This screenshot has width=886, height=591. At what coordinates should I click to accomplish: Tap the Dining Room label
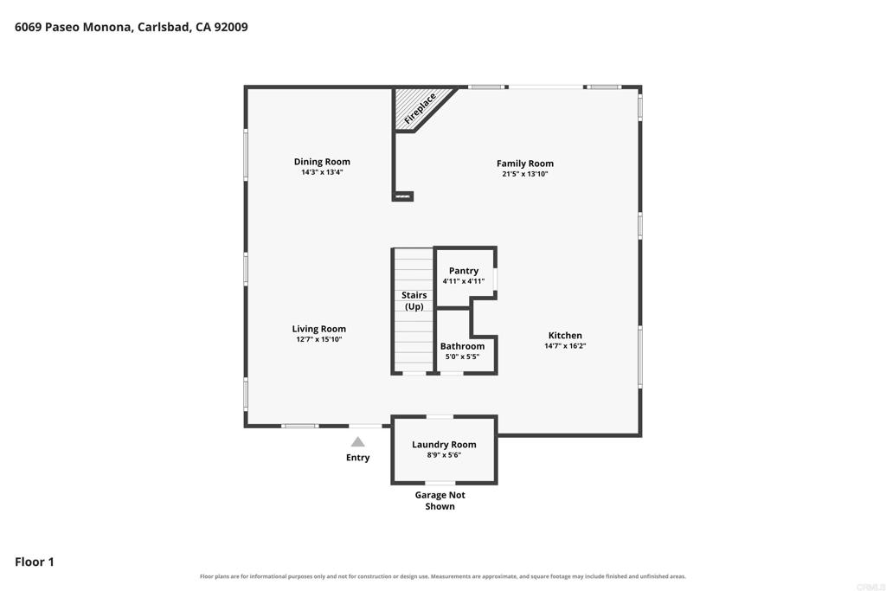(x=322, y=162)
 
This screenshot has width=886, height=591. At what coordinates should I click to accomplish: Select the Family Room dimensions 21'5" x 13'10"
(x=525, y=174)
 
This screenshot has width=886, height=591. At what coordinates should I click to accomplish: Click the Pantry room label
(x=464, y=271)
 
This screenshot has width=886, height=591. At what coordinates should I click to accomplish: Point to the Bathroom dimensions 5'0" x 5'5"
(x=462, y=357)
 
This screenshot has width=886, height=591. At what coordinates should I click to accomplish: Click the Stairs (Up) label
(x=414, y=300)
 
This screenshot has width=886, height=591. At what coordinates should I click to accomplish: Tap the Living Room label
(x=319, y=329)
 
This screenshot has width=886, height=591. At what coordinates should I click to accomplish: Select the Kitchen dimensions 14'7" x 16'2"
(x=565, y=346)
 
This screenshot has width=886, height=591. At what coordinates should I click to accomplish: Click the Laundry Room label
(x=444, y=445)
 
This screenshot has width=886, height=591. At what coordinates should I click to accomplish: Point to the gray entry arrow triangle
(x=357, y=442)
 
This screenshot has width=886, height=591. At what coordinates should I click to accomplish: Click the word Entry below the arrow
(x=357, y=458)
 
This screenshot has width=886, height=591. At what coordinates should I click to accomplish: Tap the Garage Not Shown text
(x=440, y=501)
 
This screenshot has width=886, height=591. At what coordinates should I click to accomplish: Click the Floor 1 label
(x=35, y=562)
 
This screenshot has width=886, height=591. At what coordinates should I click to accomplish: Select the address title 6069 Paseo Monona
(x=73, y=27)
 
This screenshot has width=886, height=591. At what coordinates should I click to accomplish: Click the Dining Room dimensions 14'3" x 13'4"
(x=322, y=172)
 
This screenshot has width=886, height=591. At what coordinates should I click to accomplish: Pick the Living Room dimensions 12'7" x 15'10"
(x=319, y=339)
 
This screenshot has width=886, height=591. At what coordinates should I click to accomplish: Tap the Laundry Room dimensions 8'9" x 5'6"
(x=444, y=455)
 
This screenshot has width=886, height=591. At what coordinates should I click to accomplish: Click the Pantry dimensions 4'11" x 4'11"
(x=464, y=281)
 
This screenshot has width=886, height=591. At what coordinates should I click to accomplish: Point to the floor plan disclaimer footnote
(x=443, y=576)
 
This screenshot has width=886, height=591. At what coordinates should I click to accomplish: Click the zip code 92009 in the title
(x=230, y=27)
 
